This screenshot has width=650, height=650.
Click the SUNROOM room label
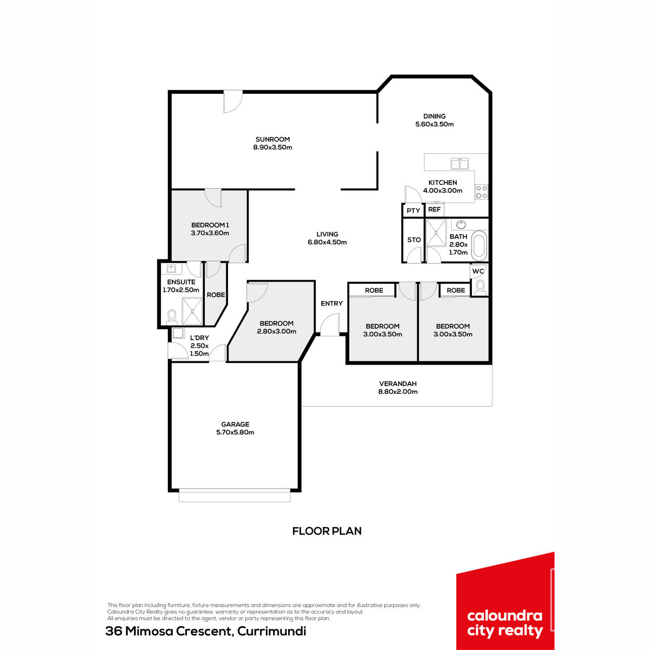pos(272,139)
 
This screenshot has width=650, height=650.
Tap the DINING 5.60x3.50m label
pos(434,120)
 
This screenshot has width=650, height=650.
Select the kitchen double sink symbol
pos(459,164)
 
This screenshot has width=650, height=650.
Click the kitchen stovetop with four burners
pos(482,192)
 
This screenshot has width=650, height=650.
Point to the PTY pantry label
pos(413,211)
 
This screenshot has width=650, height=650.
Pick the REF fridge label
pos(434,210)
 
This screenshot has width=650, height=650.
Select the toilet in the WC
pos(480,288)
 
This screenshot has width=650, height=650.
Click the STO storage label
pos(414,240)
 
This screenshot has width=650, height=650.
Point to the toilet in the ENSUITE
pos(172,317)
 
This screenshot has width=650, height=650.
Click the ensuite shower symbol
pos(192,311)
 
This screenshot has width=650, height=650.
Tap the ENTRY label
pos(331,303)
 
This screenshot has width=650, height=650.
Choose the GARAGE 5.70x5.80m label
pos(235,428)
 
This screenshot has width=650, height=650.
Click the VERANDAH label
pos(398,384)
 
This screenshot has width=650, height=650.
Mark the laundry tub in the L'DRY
pos(178,333)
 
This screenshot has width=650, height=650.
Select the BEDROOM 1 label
pos(210,225)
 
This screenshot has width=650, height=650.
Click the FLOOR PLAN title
pos(327,531)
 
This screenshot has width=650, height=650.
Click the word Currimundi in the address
pos(271,631)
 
